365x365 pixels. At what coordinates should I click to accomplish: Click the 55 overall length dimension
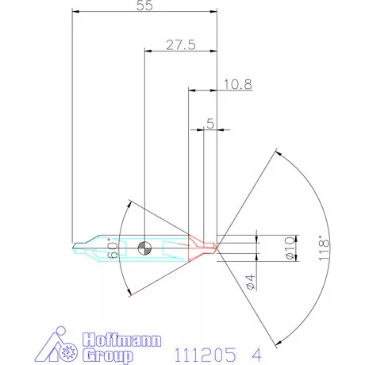144,6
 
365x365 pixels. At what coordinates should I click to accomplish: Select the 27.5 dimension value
180,44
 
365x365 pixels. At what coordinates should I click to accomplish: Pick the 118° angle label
321,247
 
